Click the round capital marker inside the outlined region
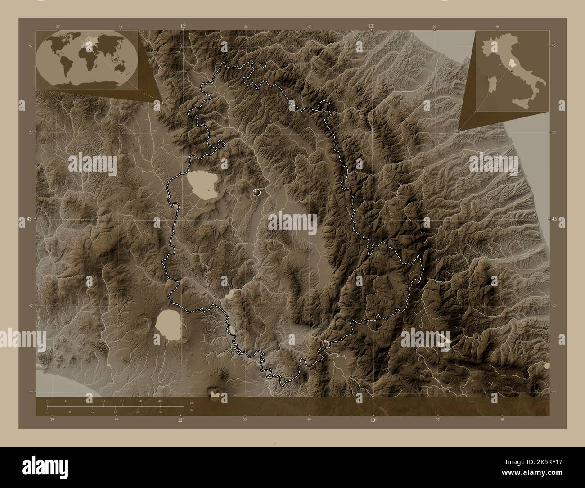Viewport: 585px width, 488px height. tap(257, 193)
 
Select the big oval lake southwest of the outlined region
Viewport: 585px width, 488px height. tap(168, 323)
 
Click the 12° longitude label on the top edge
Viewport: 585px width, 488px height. tap(183, 27)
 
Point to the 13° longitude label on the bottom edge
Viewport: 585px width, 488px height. tap(373, 420)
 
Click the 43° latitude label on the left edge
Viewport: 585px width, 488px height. tap(28, 219)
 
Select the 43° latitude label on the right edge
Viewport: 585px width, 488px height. tap(556, 219)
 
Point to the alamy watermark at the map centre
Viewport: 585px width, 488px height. tap(292, 220)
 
